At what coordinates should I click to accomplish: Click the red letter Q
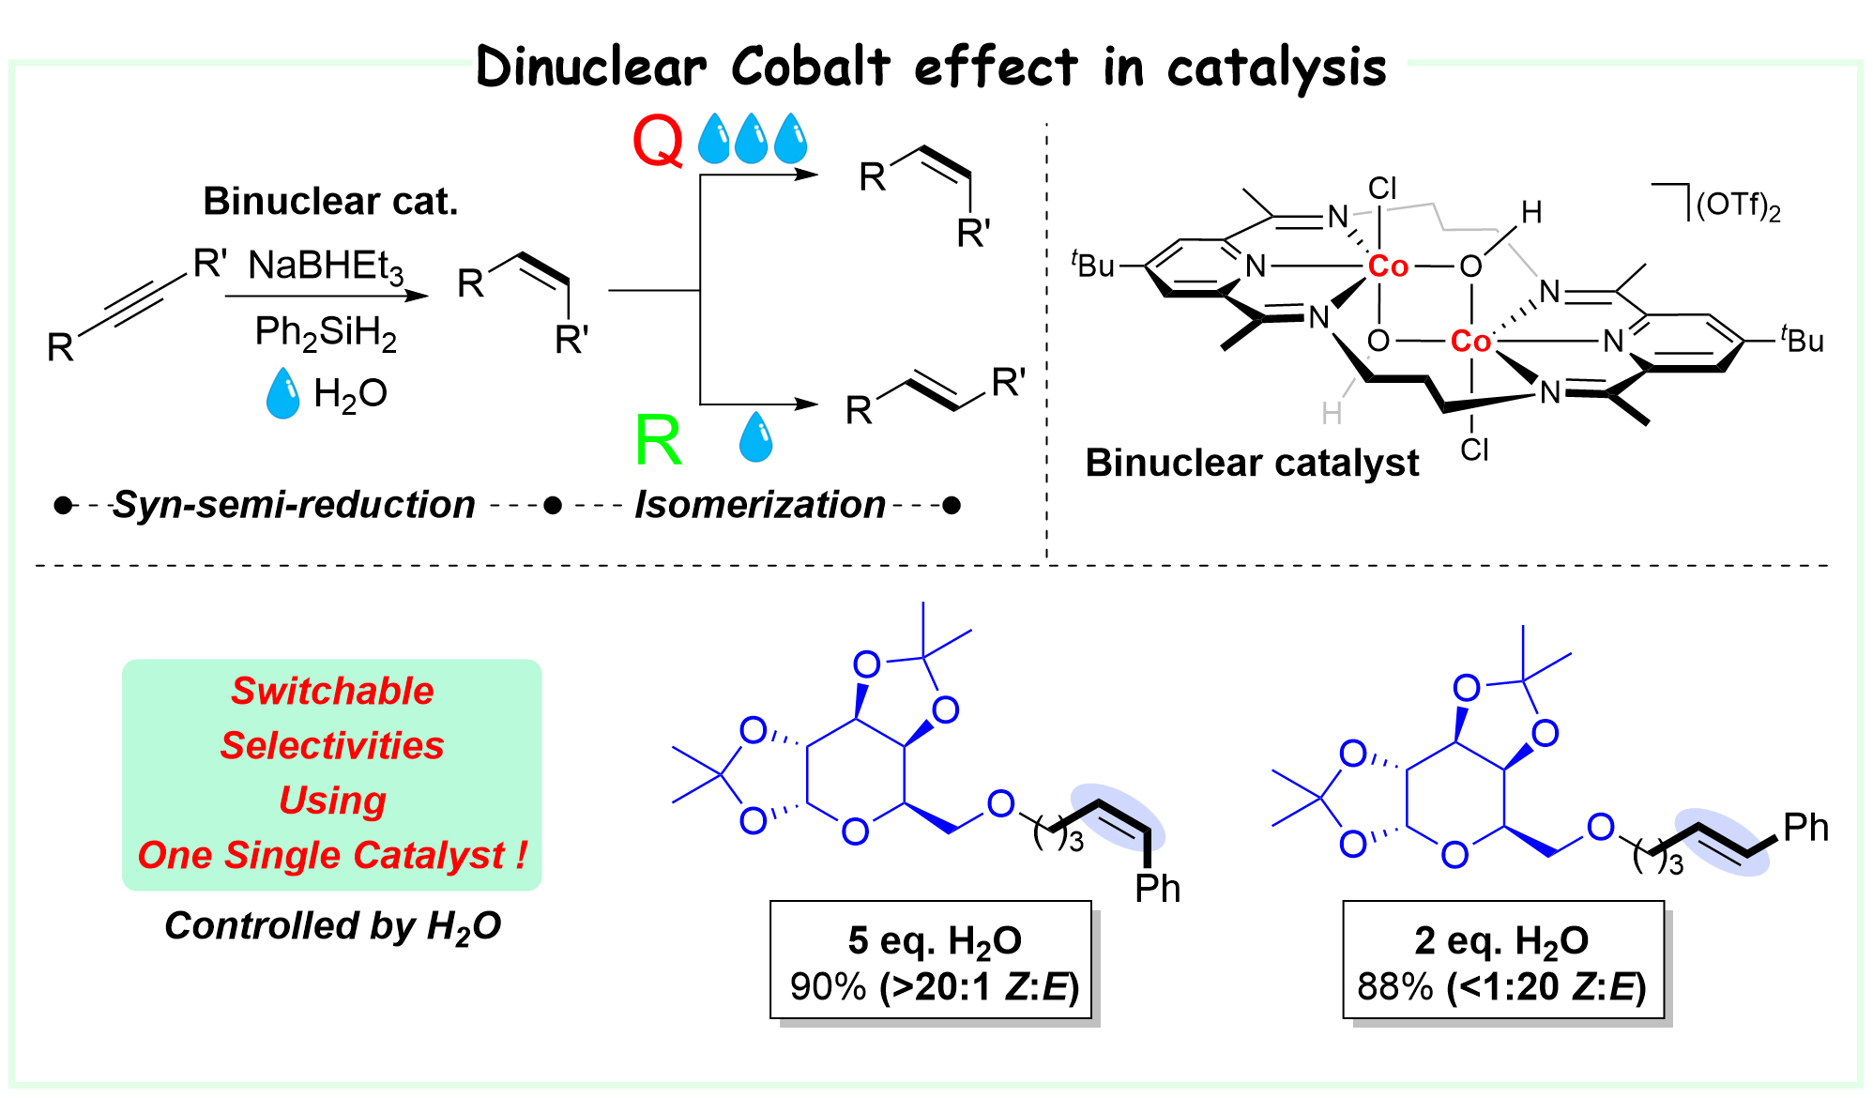click(658, 142)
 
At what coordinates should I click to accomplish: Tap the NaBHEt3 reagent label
click(325, 267)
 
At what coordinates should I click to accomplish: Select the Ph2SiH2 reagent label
click(326, 332)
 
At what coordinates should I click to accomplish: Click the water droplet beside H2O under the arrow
click(282, 393)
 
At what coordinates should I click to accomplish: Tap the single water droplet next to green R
click(755, 436)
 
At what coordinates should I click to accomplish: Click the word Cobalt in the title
click(810, 68)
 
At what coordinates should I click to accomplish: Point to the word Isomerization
click(759, 505)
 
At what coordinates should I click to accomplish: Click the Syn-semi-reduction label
click(294, 505)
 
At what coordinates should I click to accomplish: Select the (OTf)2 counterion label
click(1738, 206)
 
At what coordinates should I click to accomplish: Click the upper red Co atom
click(1388, 267)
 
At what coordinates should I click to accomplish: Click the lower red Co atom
click(1470, 341)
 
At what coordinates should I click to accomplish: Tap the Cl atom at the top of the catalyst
click(1382, 189)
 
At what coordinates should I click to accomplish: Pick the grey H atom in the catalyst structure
click(1331, 413)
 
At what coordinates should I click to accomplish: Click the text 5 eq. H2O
click(934, 940)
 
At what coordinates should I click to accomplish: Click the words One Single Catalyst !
click(332, 855)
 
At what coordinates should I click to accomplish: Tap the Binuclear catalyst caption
click(1252, 463)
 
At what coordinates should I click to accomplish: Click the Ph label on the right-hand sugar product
click(1805, 828)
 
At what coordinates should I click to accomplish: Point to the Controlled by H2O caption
click(332, 926)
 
